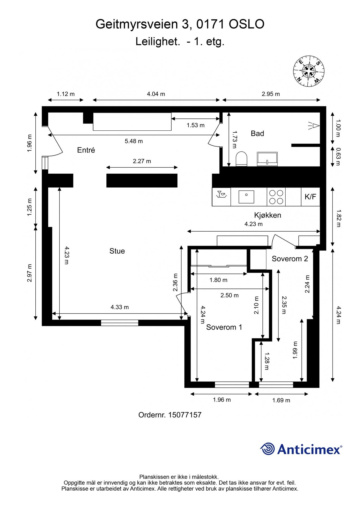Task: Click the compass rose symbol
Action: point(309,71)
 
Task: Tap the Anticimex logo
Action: point(301,449)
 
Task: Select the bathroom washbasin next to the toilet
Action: point(267,159)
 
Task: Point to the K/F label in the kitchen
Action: point(310,197)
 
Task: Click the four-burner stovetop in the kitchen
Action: point(276,197)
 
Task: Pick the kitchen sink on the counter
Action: point(246,197)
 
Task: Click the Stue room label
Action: point(117,251)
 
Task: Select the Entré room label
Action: point(86,150)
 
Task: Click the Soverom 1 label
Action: point(224,327)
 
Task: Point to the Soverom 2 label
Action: point(290,258)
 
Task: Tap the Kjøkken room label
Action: point(268,215)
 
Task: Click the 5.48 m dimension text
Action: point(134,141)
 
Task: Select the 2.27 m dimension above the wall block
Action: point(142,161)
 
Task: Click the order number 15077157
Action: point(185,415)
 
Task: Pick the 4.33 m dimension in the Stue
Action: point(120,307)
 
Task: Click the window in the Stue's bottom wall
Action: point(120,323)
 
